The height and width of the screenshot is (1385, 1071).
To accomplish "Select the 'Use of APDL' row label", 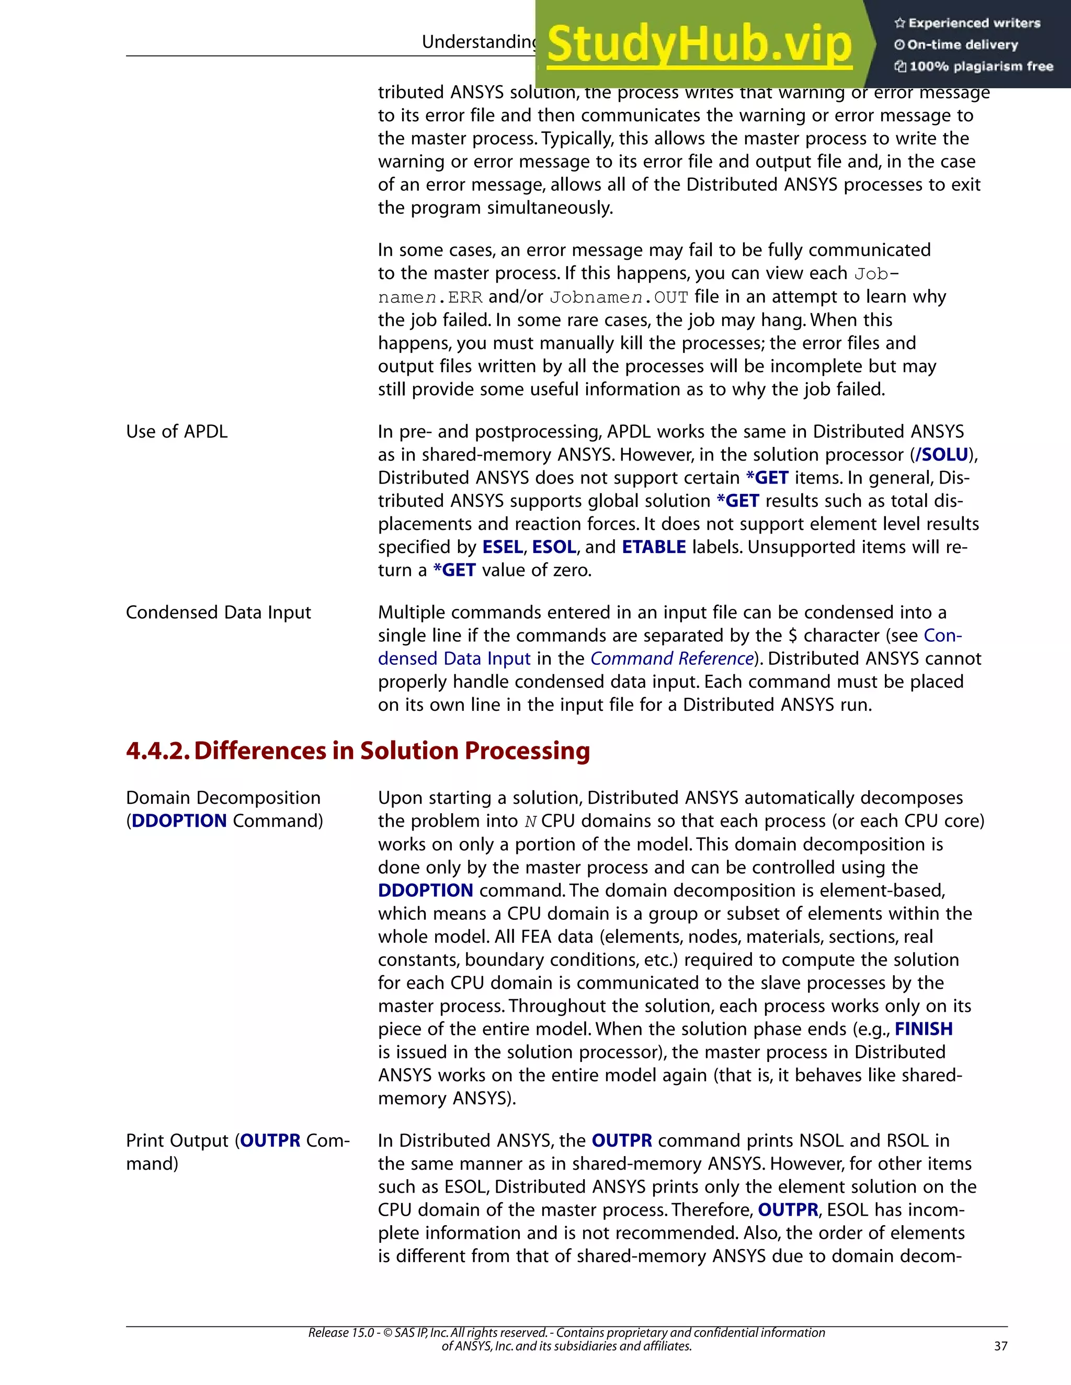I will pyautogui.click(x=176, y=432).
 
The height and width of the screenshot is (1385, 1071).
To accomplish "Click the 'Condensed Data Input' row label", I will pyautogui.click(x=218, y=613).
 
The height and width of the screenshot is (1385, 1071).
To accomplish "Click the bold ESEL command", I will pyautogui.click(x=503, y=547).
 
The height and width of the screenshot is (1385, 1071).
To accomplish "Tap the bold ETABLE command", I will pyautogui.click(x=654, y=547).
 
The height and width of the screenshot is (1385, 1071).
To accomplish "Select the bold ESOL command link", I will pyautogui.click(x=554, y=547).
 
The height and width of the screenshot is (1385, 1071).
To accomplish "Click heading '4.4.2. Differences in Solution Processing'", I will pyautogui.click(x=358, y=751).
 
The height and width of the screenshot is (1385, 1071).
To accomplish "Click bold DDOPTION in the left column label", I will pyautogui.click(x=179, y=821).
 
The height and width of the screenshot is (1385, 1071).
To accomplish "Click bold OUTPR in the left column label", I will pyautogui.click(x=270, y=1141).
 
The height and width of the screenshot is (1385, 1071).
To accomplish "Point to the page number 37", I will pyautogui.click(x=1000, y=1346).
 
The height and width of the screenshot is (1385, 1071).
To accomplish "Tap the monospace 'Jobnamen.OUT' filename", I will pyautogui.click(x=619, y=297).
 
